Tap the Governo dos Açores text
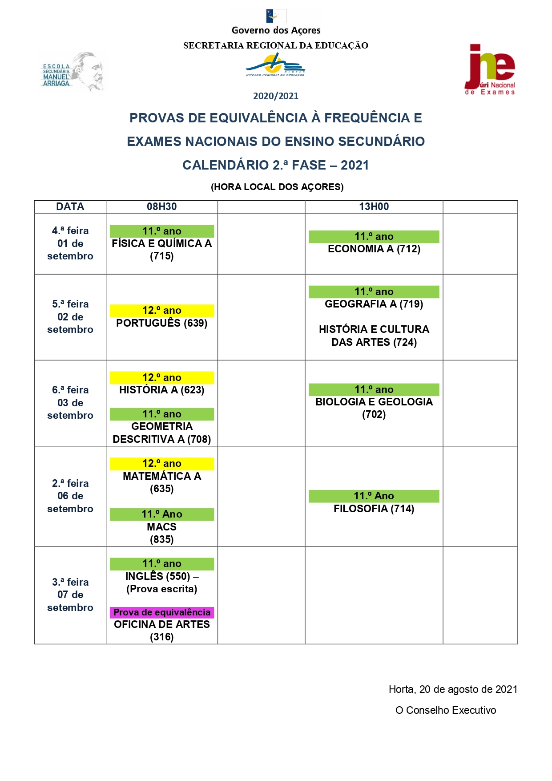[x=276, y=30]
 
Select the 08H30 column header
[x=161, y=206]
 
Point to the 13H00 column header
[x=374, y=206]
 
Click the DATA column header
[x=70, y=206]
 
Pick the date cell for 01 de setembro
[x=70, y=243]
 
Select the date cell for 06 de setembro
[x=70, y=496]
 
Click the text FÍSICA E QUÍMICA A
[x=161, y=243]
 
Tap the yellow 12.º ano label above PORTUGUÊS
[x=161, y=310]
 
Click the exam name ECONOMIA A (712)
[x=374, y=249]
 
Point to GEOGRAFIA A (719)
[x=374, y=304]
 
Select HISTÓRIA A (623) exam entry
[x=161, y=390]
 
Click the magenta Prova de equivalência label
[x=161, y=612]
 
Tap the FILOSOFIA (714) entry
[x=374, y=509]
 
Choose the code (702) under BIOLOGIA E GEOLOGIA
[x=374, y=414]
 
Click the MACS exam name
[x=161, y=527]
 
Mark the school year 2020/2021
[x=276, y=96]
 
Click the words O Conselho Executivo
[x=445, y=710]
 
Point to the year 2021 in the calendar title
[x=355, y=165]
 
